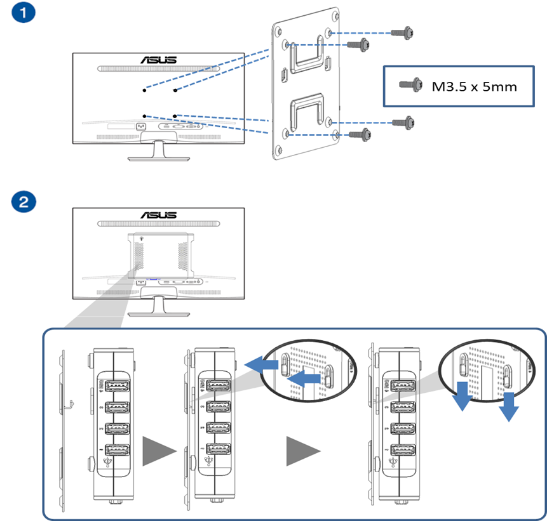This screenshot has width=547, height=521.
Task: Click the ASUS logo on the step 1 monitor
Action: click(x=158, y=60)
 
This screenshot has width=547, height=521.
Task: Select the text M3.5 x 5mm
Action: click(x=474, y=86)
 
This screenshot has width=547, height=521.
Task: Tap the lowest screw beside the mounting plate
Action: click(x=360, y=134)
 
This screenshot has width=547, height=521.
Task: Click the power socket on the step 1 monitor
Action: click(x=141, y=124)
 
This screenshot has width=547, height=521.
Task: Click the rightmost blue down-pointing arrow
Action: click(x=508, y=407)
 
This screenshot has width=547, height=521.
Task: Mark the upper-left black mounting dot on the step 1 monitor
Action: click(x=145, y=91)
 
